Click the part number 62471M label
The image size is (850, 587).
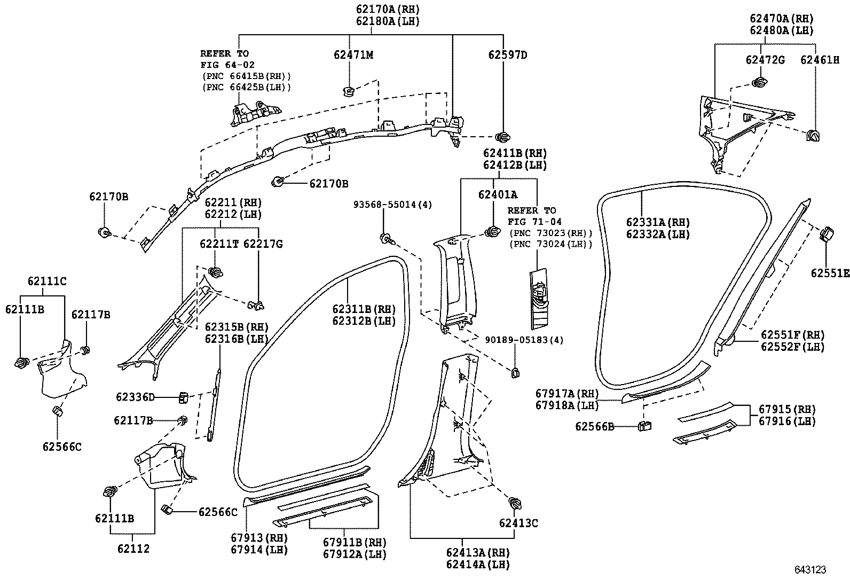(353, 54)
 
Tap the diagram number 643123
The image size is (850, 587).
(810, 570)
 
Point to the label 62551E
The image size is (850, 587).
(830, 273)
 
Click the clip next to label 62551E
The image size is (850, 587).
(826, 234)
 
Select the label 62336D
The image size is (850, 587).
(135, 397)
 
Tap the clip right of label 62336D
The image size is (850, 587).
(183, 397)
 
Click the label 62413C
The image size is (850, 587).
(518, 523)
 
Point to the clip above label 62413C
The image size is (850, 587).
(515, 503)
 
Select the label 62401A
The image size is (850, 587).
(498, 195)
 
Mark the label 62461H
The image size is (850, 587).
(820, 60)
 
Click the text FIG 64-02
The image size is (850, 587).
(227, 65)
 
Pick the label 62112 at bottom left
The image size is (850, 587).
(133, 549)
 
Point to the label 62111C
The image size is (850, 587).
(47, 281)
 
